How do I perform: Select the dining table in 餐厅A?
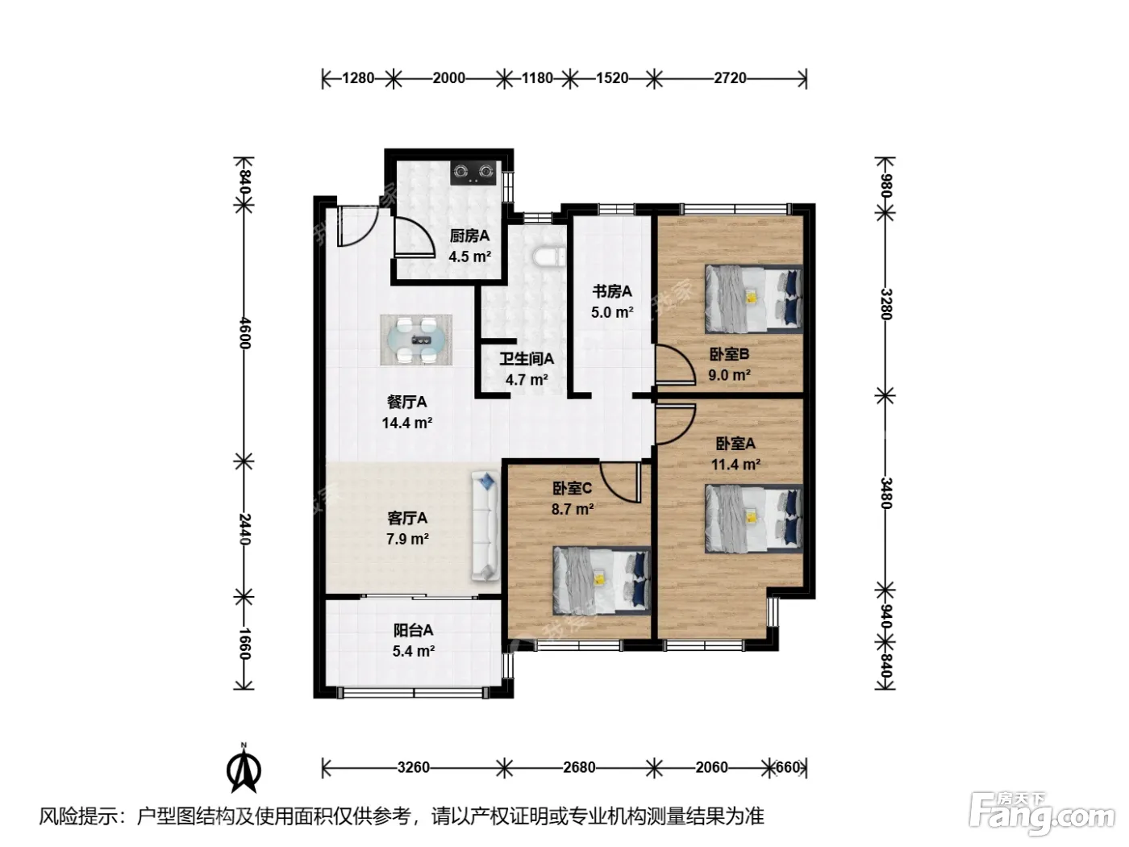416,340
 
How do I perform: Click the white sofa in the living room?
485,527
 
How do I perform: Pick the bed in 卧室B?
753,298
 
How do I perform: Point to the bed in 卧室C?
602,581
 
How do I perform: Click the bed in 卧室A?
753,519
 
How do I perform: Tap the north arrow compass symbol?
244,770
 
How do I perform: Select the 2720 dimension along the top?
730,78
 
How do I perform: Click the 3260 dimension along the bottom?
413,767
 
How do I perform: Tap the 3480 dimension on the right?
885,493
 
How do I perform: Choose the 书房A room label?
612,291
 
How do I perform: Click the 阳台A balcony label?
414,630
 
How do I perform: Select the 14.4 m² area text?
407,423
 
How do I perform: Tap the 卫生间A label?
527,358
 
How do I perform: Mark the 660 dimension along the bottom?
787,767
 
